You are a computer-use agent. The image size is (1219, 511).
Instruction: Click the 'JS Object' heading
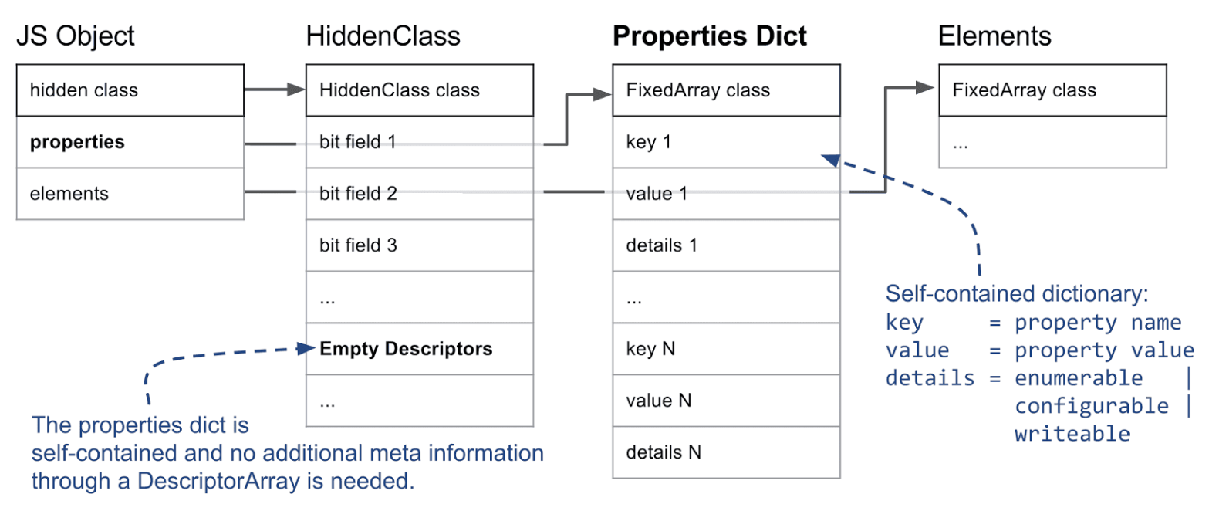(75, 37)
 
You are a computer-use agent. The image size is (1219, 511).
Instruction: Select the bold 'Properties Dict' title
(709, 36)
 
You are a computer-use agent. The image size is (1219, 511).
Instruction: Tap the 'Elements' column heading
(994, 36)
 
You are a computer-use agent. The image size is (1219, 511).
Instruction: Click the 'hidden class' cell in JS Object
(130, 90)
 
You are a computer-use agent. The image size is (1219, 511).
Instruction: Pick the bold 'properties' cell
(130, 142)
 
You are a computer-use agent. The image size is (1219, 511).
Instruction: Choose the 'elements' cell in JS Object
(130, 194)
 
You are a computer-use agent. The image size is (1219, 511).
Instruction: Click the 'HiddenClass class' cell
(420, 90)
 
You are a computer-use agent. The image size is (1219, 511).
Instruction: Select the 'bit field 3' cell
(420, 245)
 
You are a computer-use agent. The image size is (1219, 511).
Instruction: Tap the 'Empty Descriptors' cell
(420, 349)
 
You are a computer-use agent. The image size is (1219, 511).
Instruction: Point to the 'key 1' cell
(727, 142)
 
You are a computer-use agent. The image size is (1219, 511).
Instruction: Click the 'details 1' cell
(727, 245)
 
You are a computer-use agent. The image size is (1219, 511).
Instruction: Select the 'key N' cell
(727, 349)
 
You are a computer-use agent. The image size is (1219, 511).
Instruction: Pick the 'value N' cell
(727, 401)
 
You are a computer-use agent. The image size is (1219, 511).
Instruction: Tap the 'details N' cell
(727, 452)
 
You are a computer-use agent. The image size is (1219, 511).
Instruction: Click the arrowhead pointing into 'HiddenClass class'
(296, 90)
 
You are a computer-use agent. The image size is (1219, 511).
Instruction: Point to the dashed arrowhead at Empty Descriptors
(306, 348)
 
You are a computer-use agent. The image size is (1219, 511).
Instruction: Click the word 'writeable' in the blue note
(1072, 434)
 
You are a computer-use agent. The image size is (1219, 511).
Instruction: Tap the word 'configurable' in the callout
(1092, 406)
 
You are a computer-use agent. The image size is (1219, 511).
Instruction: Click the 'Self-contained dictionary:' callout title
(1017, 294)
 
